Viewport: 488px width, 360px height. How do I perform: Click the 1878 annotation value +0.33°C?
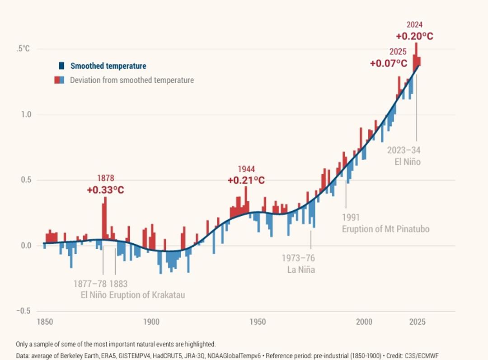point(105,190)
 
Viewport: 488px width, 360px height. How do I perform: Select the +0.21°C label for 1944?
point(246,180)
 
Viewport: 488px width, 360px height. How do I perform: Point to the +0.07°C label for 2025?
point(389,63)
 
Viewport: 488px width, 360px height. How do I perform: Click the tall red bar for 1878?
point(105,217)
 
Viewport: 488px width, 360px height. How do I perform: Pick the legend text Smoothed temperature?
point(108,66)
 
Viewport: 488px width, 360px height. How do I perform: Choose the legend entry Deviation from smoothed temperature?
point(131,81)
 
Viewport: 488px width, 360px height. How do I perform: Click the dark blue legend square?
point(61,66)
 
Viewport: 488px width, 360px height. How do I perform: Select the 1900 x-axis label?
point(151,322)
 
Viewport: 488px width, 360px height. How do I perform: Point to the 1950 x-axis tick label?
point(258,322)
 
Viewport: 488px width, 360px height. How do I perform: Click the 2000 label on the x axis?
point(364,322)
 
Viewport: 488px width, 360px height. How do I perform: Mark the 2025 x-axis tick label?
point(417,322)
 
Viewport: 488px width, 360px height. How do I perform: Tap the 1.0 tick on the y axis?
point(25,115)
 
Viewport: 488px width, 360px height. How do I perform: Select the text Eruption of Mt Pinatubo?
point(385,229)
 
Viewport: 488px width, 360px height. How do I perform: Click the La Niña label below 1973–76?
point(301,270)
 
